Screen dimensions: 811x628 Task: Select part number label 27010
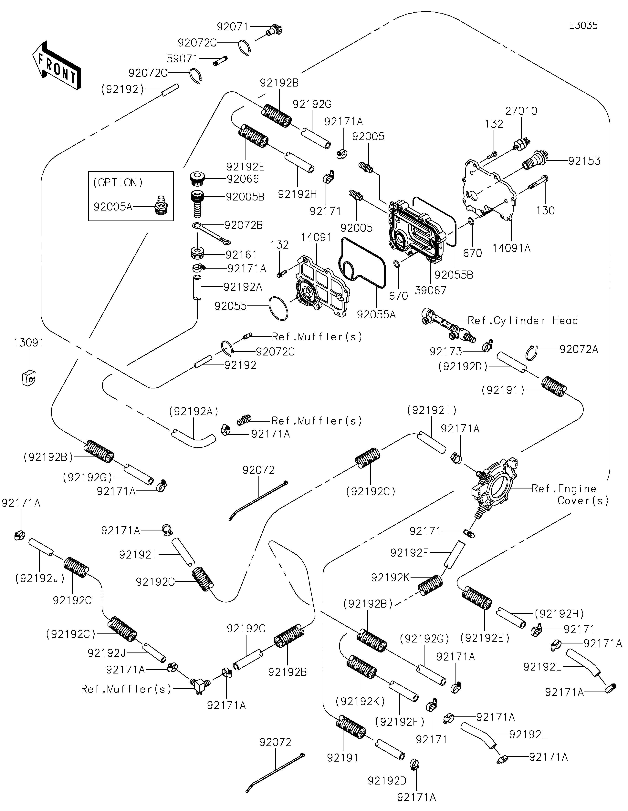(521, 111)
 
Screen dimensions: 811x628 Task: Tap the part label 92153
(584, 161)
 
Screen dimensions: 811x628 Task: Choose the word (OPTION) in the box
(118, 183)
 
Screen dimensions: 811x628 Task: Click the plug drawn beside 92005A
(161, 205)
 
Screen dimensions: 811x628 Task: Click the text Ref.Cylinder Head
(523, 321)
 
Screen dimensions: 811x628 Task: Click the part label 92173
(446, 351)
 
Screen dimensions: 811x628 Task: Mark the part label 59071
(182, 59)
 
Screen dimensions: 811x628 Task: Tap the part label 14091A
(511, 248)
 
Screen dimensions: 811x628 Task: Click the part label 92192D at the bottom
(387, 781)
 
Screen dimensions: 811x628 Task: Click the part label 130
(545, 210)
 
